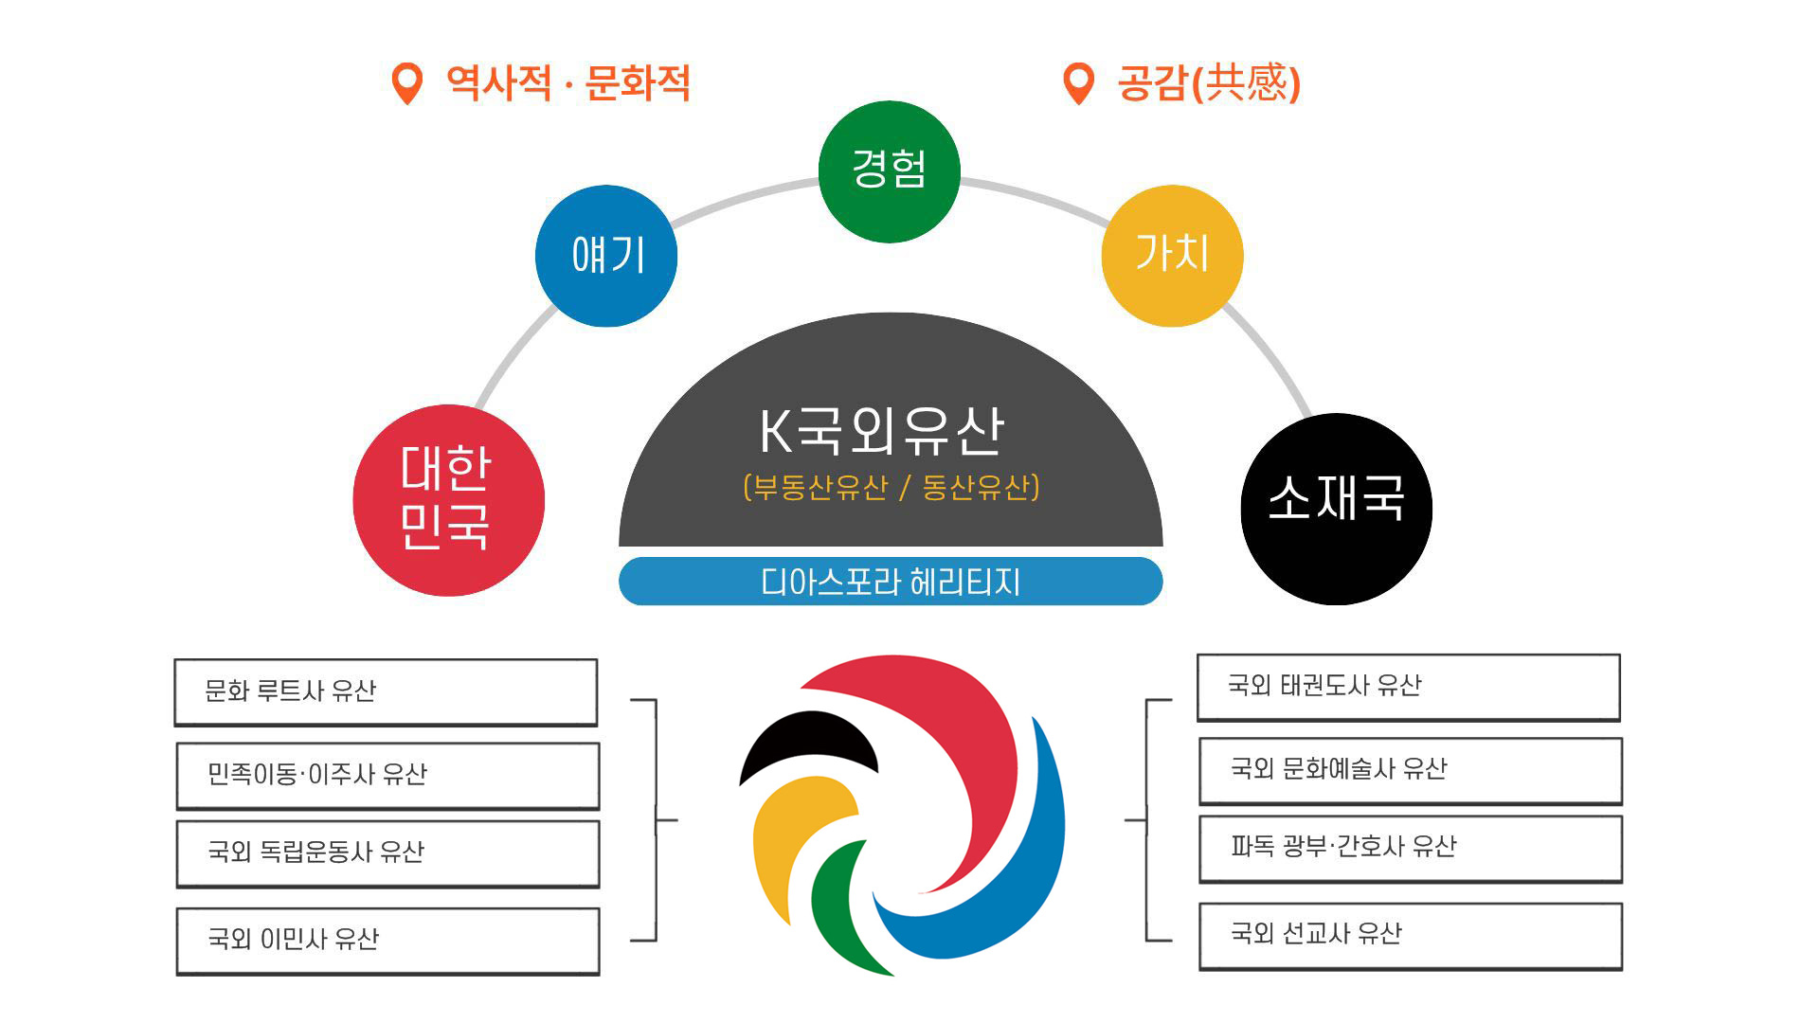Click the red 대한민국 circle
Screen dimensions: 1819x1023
pos(448,500)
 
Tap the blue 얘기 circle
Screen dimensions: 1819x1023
pos(606,256)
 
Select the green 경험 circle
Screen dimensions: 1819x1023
pos(890,171)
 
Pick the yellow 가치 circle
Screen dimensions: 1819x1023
pos(1173,256)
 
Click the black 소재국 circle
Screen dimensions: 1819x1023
pos(1337,509)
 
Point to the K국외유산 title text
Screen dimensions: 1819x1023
pos(882,431)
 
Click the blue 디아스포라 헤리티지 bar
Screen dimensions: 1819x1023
pos(891,581)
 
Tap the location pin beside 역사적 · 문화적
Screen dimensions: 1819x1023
pos(407,83)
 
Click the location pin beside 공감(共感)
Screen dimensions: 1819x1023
pos(1079,83)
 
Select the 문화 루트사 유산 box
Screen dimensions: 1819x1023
pos(386,692)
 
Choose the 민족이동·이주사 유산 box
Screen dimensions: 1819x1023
pos(388,776)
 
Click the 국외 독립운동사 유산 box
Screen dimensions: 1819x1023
pos(388,853)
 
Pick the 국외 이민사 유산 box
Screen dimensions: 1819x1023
pos(388,941)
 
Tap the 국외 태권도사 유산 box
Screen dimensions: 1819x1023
pos(1409,687)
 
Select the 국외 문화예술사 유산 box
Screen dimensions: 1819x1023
pos(1411,770)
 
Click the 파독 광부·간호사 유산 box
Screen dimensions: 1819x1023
pos(1411,849)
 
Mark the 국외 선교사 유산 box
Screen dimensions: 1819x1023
pos(1411,936)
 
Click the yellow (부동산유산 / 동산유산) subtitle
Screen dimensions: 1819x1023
pos(891,487)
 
